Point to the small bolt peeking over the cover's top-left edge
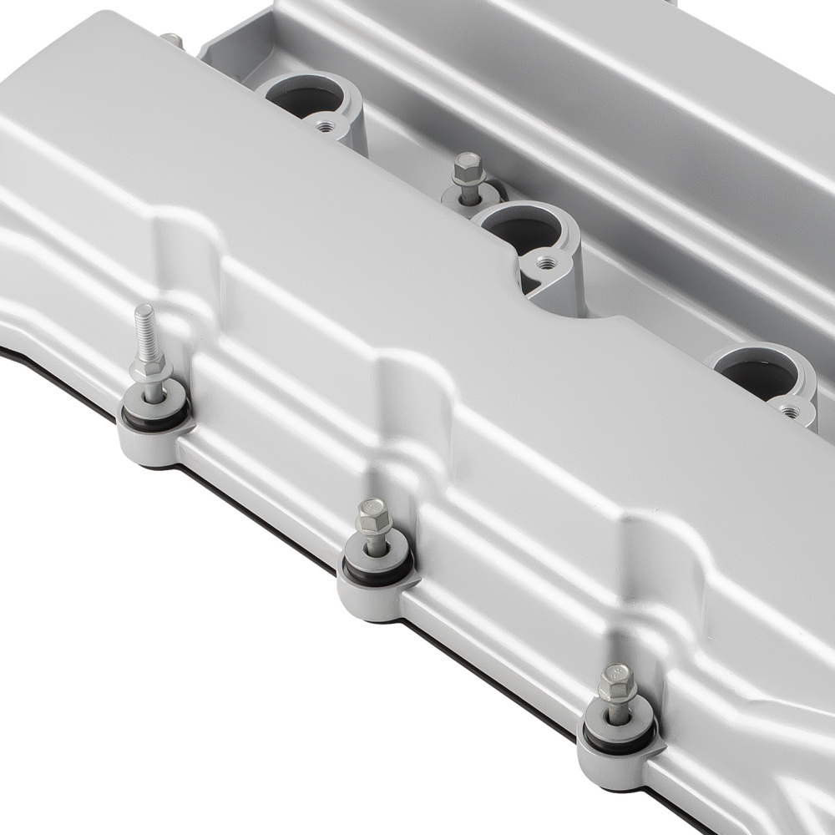pos(171,39)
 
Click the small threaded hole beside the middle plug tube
pos(547,262)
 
